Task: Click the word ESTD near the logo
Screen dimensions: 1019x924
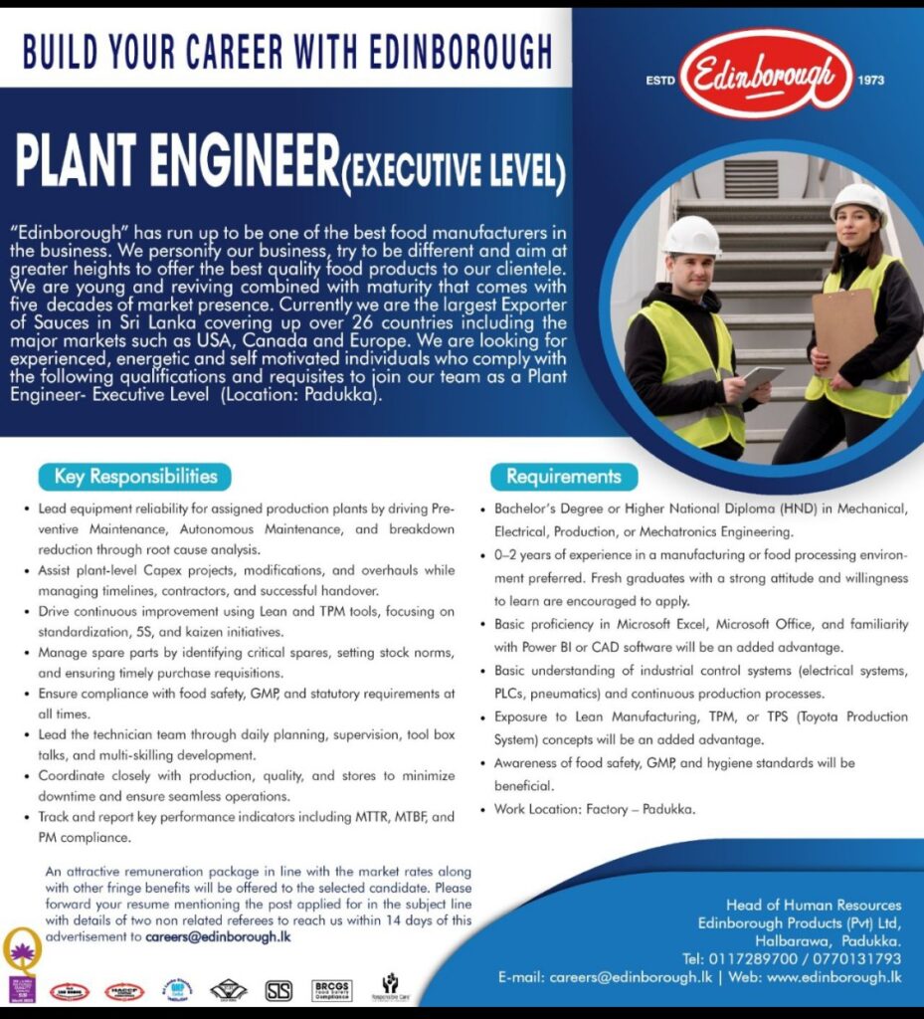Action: (659, 81)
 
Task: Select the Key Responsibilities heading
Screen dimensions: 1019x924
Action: (135, 477)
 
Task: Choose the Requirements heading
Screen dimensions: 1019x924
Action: (563, 477)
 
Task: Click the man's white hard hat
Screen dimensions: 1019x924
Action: (692, 237)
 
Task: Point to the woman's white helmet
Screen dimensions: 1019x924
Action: (858, 199)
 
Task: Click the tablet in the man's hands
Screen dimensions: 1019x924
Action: (759, 378)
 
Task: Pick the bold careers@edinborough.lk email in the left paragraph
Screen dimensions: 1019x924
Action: (218, 936)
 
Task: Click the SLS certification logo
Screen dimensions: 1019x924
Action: (279, 990)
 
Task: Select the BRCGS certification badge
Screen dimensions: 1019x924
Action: (331, 990)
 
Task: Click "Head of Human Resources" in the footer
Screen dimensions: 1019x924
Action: (814, 906)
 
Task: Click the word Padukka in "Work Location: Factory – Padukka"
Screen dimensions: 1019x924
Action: (668, 809)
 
